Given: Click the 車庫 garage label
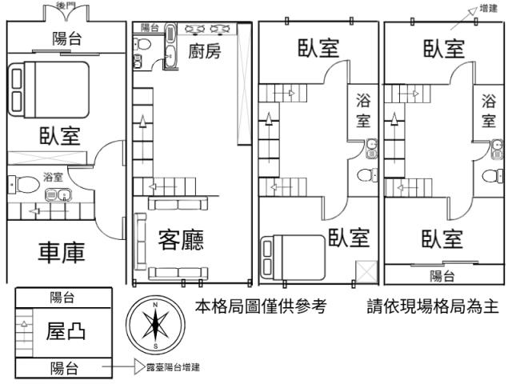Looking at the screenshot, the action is click(62, 253).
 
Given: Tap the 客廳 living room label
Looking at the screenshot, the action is click(181, 240).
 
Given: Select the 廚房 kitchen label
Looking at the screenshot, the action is click(205, 51).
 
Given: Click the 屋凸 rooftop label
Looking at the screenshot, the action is click(66, 331).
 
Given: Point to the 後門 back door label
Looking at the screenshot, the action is click(66, 6).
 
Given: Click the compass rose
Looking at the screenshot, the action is click(155, 326).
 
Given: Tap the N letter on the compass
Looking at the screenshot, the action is click(155, 305).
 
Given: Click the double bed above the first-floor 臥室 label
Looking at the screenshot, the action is click(49, 90).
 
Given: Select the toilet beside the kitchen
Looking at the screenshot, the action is click(142, 43).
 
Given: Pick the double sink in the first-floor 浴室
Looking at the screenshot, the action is click(58, 195).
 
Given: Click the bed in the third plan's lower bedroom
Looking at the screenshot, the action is click(293, 258).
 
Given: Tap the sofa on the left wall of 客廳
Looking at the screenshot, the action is click(141, 242).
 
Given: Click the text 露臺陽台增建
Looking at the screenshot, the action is click(173, 367).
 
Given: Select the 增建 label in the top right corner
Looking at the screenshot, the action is click(489, 8).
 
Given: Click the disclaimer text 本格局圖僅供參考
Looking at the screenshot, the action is click(261, 306).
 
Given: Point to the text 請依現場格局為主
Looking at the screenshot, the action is click(433, 306).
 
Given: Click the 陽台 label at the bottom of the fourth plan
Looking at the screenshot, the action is click(442, 276).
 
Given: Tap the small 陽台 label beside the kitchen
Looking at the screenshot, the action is click(150, 27).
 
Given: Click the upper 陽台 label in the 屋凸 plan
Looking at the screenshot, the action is click(62, 298).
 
